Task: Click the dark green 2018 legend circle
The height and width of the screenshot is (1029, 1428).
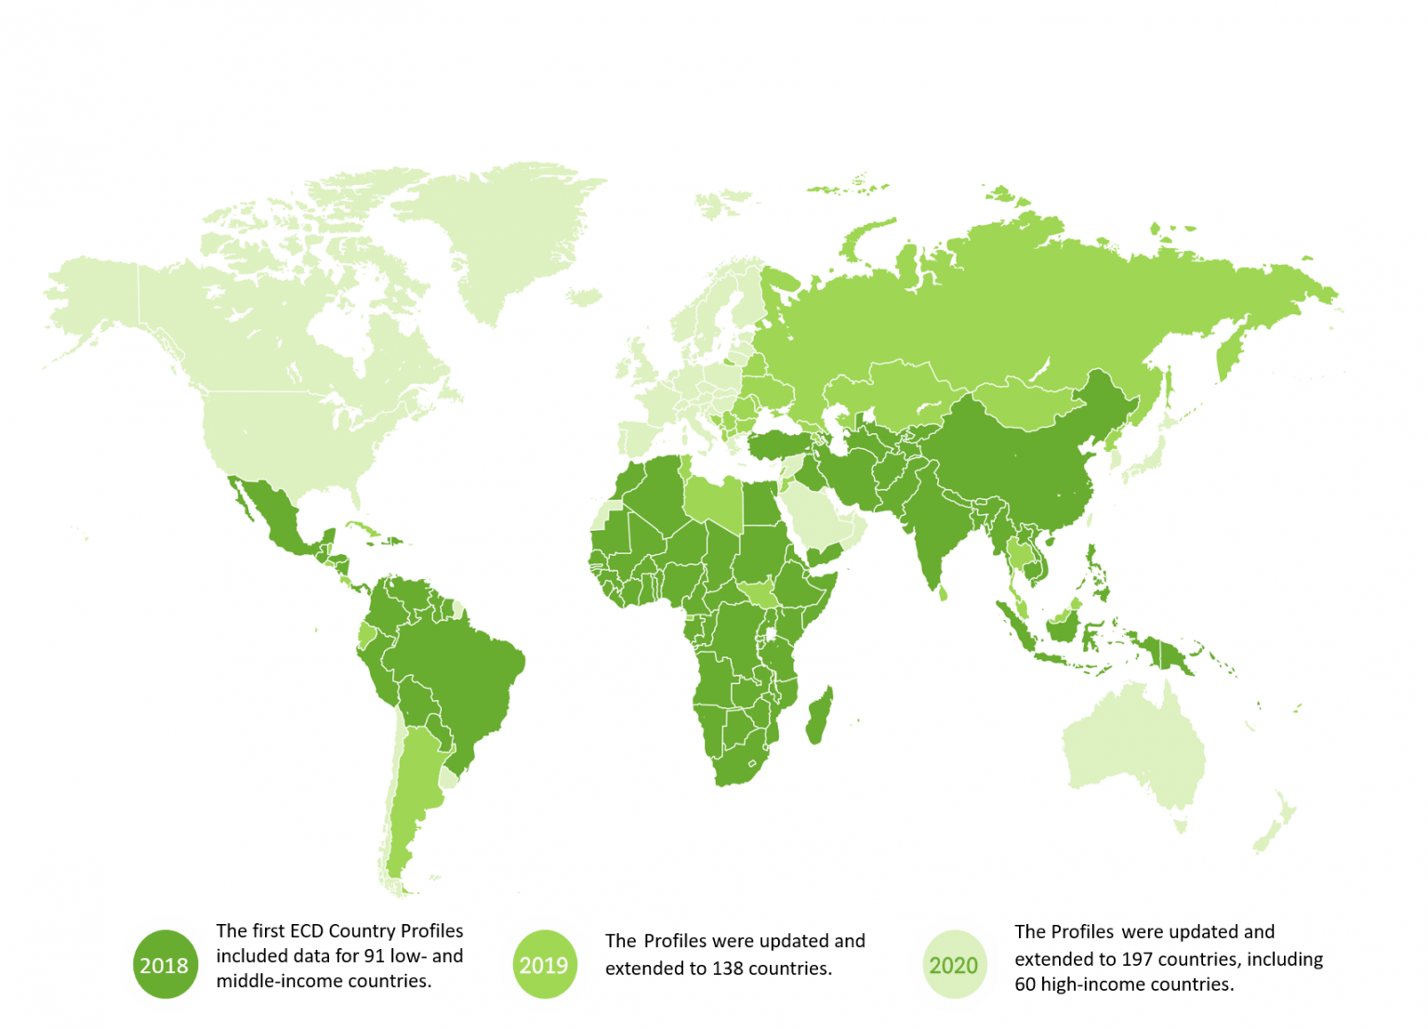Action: [165, 965]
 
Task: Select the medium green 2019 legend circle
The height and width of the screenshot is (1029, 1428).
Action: [544, 965]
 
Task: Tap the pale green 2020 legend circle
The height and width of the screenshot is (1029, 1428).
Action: [954, 965]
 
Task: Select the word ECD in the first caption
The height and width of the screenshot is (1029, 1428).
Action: [307, 930]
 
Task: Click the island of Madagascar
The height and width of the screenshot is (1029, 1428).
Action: [819, 716]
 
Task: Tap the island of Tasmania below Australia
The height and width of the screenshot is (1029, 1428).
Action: [1181, 825]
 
